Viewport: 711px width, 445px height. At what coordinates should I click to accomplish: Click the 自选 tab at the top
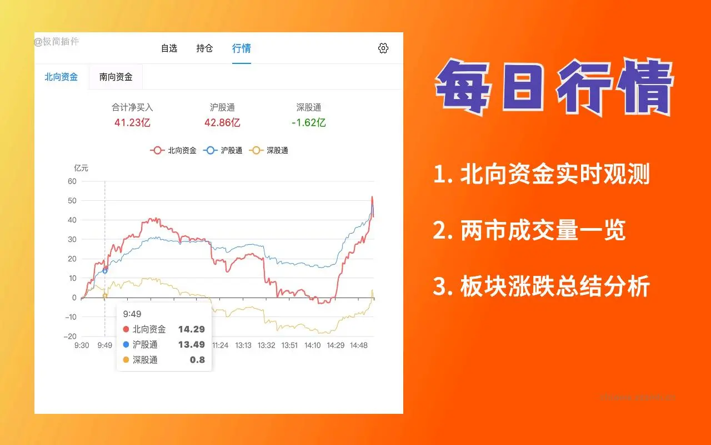click(x=169, y=48)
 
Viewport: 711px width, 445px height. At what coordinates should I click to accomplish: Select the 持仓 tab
click(x=204, y=48)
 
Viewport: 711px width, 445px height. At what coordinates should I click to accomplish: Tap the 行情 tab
click(x=241, y=48)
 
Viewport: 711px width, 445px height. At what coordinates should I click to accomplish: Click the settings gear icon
click(x=383, y=48)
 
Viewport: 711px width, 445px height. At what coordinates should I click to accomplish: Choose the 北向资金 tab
click(x=61, y=77)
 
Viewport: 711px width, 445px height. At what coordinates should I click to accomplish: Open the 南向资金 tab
click(x=116, y=77)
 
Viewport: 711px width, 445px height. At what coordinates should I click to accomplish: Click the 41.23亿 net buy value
click(x=132, y=123)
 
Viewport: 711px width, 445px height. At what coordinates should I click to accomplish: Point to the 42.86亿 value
click(x=222, y=123)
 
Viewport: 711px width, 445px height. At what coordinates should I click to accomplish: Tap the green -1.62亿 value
click(x=308, y=123)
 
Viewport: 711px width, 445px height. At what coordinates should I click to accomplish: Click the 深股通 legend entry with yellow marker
click(x=269, y=150)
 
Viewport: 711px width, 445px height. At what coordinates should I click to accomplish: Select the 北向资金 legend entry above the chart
click(x=174, y=150)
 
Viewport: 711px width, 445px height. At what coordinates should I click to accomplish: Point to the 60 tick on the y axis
click(x=72, y=181)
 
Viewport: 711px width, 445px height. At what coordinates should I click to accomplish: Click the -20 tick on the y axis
click(x=70, y=337)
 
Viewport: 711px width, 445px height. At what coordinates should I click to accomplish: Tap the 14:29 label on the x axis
click(x=335, y=345)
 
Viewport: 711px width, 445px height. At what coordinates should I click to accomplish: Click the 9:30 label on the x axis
click(x=82, y=345)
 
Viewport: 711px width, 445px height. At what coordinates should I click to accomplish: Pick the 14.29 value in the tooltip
click(x=191, y=329)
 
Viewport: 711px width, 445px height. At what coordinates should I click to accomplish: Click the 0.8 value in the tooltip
click(x=197, y=360)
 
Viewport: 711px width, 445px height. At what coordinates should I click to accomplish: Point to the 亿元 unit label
click(x=81, y=168)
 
